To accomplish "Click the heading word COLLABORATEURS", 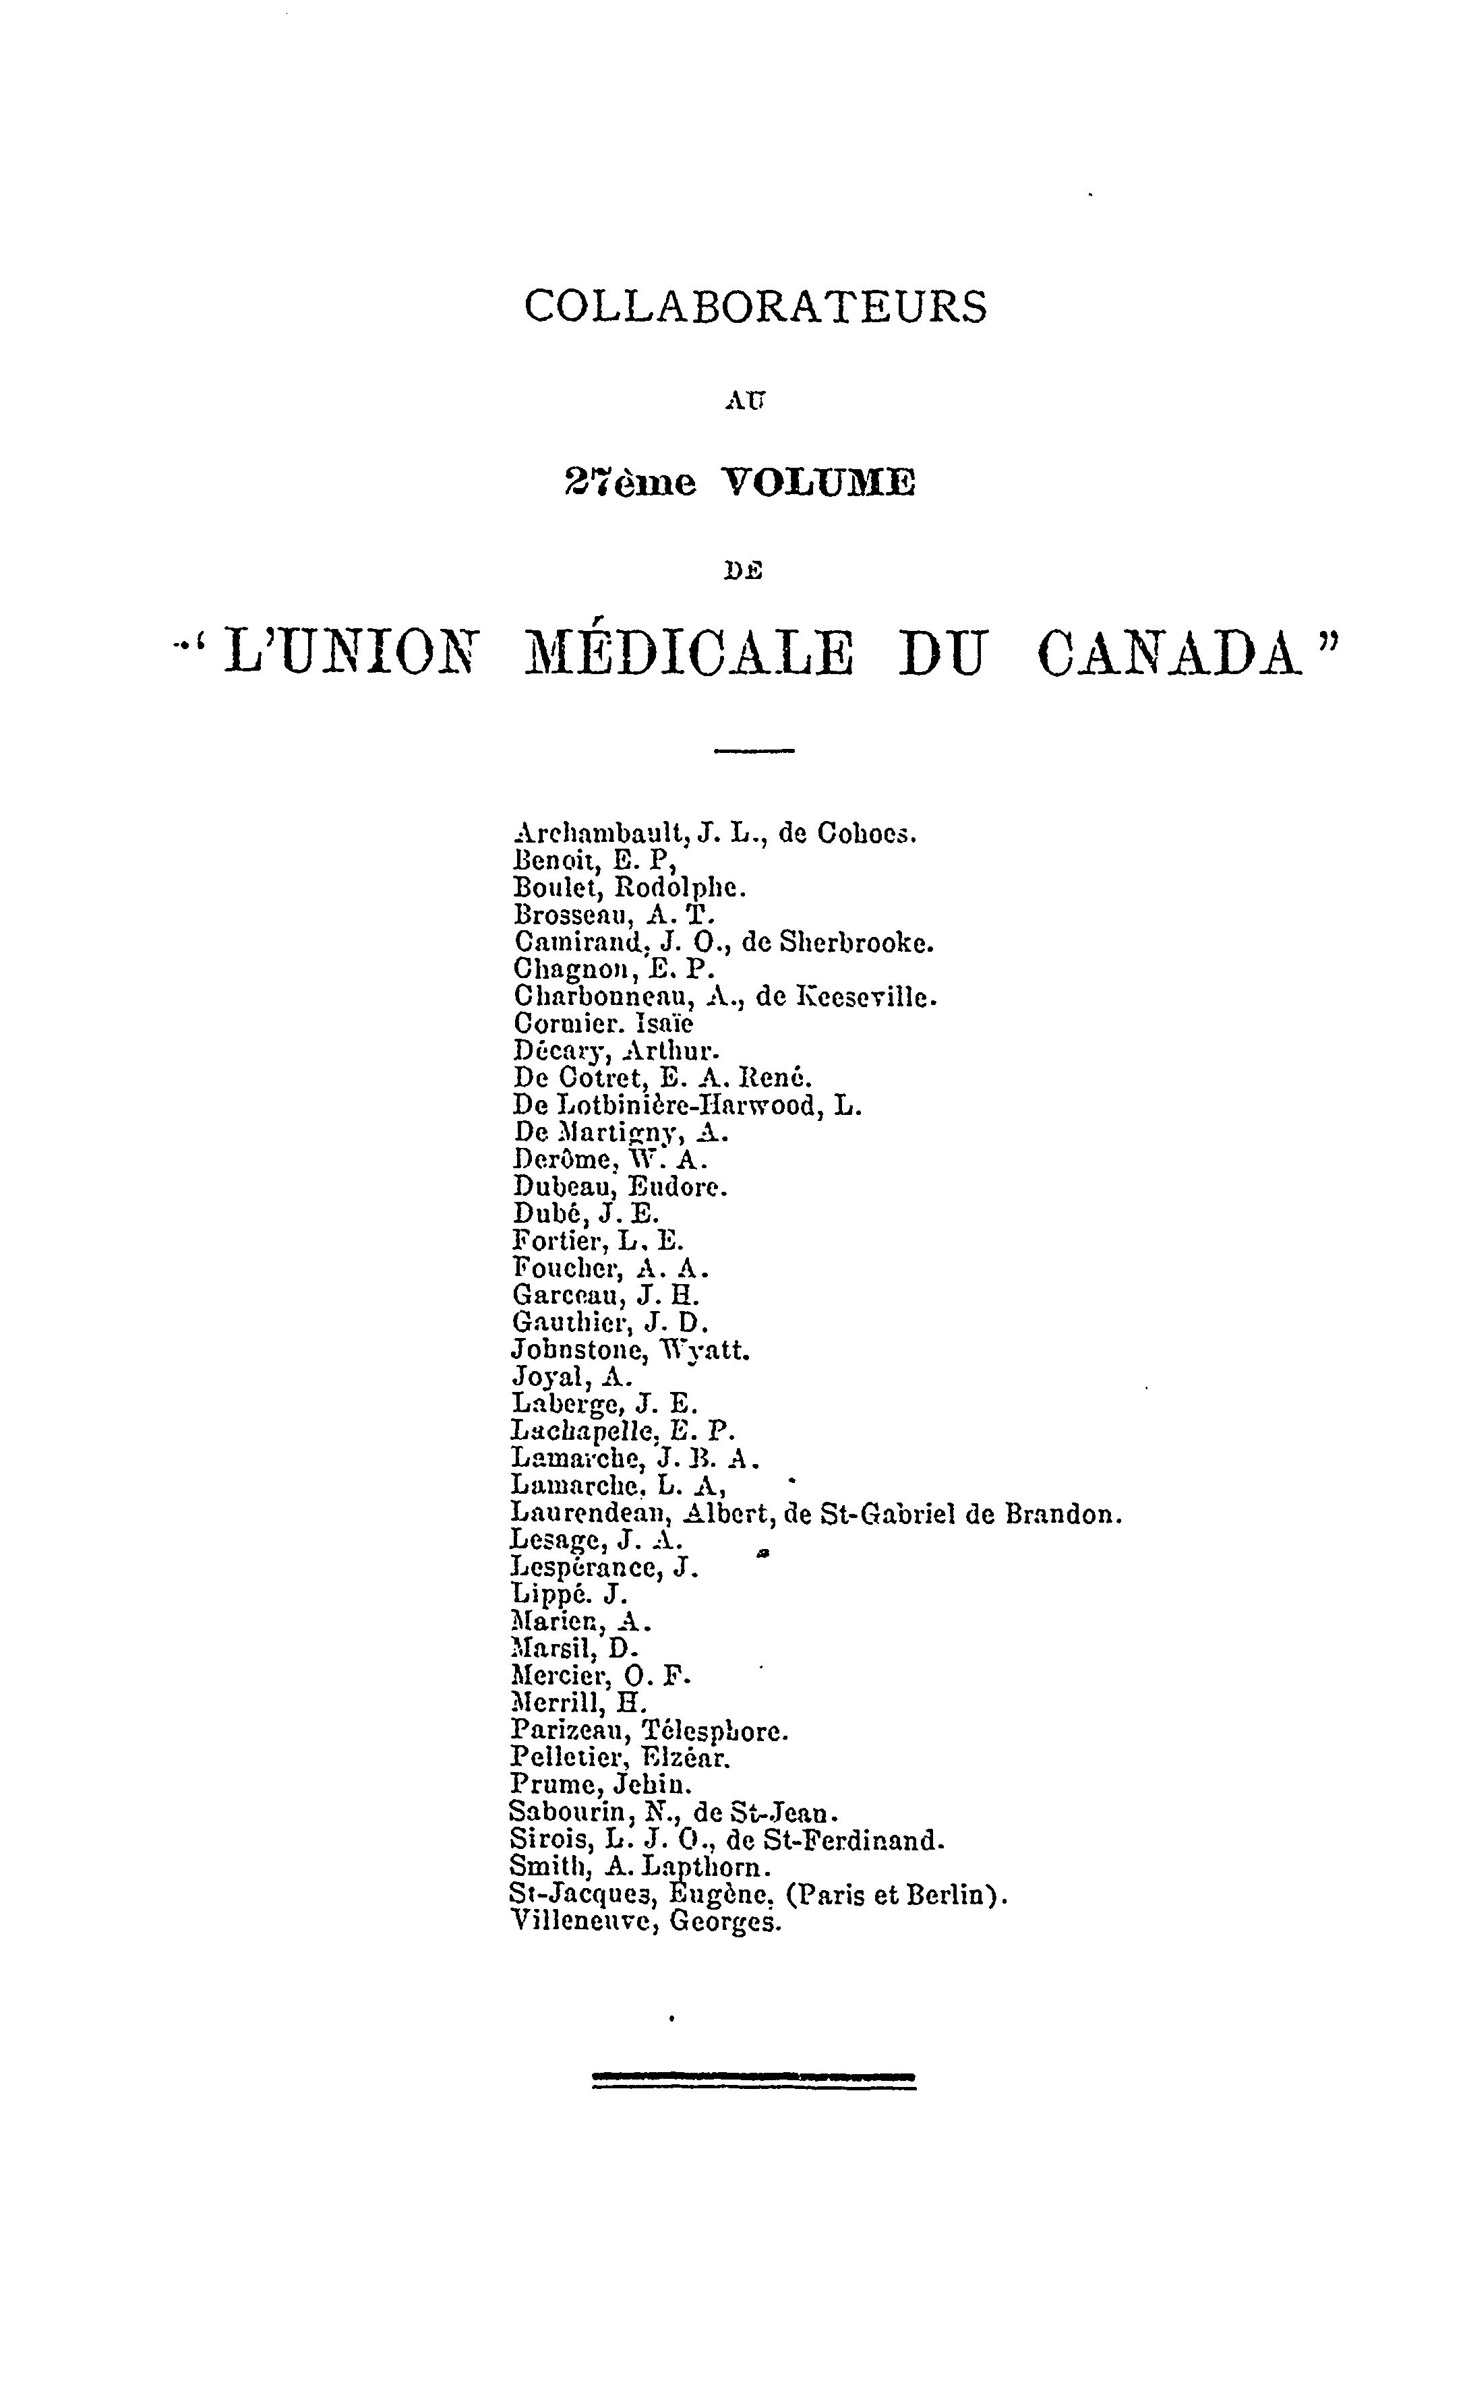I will pos(755,307).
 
